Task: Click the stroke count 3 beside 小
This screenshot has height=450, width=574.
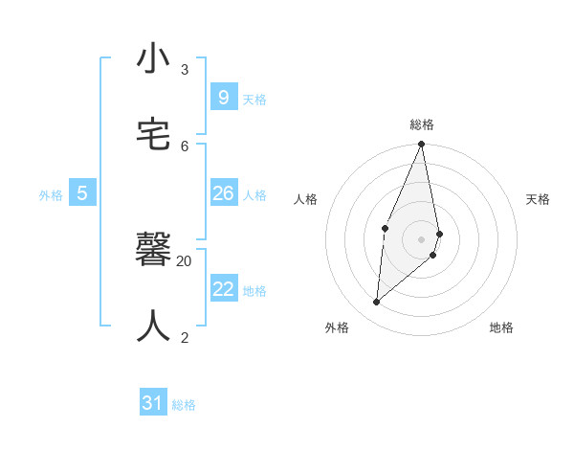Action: click(185, 70)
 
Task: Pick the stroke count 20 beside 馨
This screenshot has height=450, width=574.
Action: click(185, 260)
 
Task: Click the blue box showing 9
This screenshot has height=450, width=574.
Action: click(223, 98)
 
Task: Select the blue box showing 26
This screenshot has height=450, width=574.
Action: click(223, 193)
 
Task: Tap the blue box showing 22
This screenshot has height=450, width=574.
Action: click(223, 289)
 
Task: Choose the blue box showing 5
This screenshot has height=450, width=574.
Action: click(82, 193)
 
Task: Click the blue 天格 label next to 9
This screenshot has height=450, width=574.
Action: click(254, 100)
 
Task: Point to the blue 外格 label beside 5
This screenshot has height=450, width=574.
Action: click(51, 195)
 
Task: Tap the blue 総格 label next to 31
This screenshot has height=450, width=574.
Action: click(184, 405)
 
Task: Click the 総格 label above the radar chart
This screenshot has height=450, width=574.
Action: click(422, 124)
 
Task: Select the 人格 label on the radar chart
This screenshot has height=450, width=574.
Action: click(306, 199)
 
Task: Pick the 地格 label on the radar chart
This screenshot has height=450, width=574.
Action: click(501, 327)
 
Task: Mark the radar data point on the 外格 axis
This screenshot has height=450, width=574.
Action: click(377, 302)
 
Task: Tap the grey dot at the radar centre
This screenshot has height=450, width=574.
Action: click(422, 239)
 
